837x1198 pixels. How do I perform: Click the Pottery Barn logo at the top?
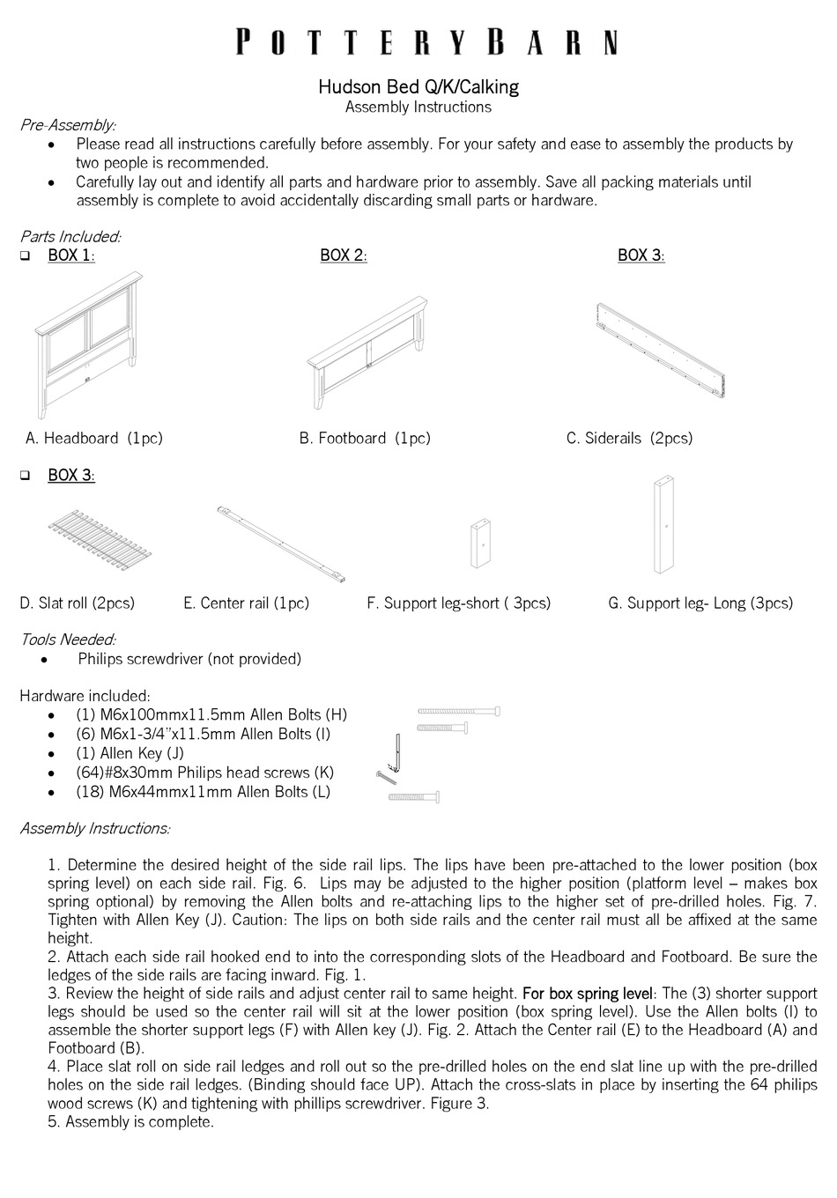pyautogui.click(x=426, y=42)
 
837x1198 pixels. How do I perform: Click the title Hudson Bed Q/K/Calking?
pyautogui.click(x=418, y=86)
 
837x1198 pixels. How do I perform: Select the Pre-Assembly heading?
pyautogui.click(x=68, y=125)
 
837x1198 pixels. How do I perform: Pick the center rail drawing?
pyautogui.click(x=281, y=544)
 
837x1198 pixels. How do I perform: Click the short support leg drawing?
pyautogui.click(x=480, y=544)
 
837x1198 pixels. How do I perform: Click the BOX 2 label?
pyautogui.click(x=343, y=255)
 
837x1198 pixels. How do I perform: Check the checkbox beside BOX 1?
pyautogui.click(x=26, y=256)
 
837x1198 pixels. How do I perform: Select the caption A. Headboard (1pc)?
pyautogui.click(x=94, y=438)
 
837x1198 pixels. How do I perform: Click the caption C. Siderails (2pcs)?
pyautogui.click(x=629, y=438)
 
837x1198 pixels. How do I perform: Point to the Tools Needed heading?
pyautogui.click(x=68, y=640)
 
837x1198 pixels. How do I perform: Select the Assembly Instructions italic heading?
pyautogui.click(x=95, y=828)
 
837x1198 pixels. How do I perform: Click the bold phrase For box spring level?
pyautogui.click(x=589, y=994)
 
